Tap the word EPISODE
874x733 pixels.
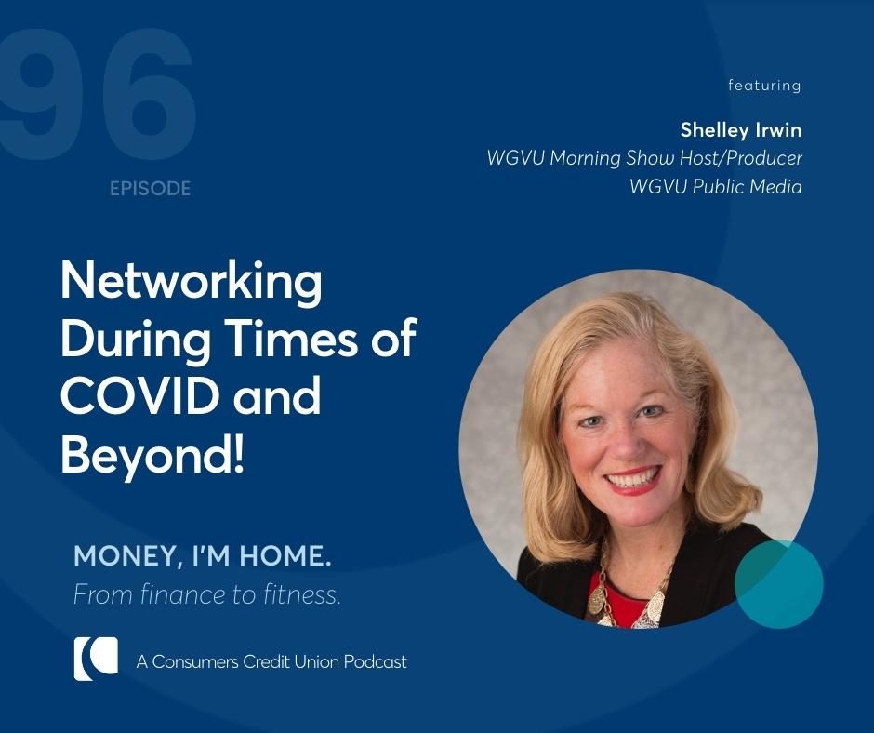click(150, 189)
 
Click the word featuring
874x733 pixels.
click(764, 86)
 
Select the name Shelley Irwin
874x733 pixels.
click(740, 128)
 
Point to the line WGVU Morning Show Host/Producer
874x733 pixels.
click(643, 158)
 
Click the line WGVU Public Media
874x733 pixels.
click(715, 187)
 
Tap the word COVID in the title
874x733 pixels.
click(128, 396)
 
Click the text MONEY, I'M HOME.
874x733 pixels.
click(203, 557)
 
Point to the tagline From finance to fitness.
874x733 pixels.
click(206, 594)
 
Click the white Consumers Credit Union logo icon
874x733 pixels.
click(96, 659)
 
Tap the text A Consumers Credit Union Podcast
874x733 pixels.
click(271, 662)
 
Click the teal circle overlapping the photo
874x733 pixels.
click(779, 584)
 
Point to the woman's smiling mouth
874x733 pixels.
click(634, 480)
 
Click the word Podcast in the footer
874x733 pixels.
click(376, 662)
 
